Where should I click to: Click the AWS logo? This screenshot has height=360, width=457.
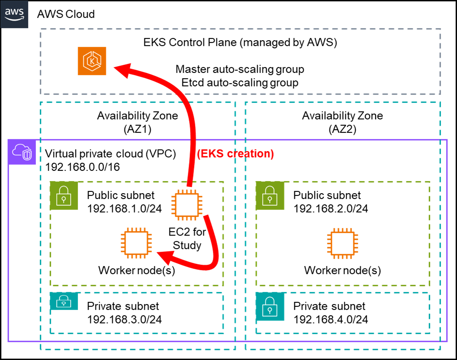tap(14, 14)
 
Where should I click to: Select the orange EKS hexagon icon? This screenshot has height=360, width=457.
tap(92, 61)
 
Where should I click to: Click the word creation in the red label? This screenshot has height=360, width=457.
tap(250, 154)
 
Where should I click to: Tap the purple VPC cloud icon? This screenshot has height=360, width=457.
tap(22, 152)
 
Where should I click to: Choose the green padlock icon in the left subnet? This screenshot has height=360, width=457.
tap(64, 196)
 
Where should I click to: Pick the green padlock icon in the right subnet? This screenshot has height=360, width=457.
tap(270, 196)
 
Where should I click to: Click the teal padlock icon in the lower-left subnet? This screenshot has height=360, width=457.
tap(64, 301)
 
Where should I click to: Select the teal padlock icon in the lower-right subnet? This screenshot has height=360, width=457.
tap(270, 307)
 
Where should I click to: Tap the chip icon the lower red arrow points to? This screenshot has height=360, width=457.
tap(136, 244)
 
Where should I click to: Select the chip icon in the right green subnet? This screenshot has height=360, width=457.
tap(342, 244)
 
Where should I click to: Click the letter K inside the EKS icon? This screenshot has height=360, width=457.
tap(92, 62)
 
